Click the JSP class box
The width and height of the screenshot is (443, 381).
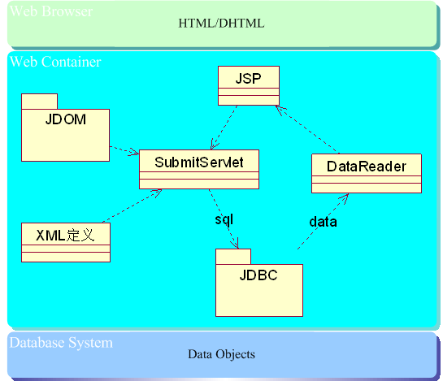pos(249,85)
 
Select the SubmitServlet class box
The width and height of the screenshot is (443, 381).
pos(199,169)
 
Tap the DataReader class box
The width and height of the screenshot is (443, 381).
pos(367,173)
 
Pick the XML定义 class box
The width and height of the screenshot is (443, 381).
pos(66,242)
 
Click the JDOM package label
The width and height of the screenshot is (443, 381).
pos(66,119)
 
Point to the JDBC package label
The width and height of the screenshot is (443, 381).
pos(258,275)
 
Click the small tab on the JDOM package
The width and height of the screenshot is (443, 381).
pos(39,102)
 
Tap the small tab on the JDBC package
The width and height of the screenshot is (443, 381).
pos(233,257)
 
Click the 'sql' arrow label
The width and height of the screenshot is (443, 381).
pos(224,219)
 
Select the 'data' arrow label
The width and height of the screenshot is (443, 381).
pos(323,222)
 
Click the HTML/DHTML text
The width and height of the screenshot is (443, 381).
pos(221,24)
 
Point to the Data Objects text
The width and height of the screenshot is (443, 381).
pos(221,354)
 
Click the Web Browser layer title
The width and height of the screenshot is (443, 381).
pos(51,11)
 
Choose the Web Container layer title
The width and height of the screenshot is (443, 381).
pos(55,62)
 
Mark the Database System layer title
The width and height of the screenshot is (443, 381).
pos(61,343)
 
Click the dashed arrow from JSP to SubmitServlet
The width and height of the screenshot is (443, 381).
pos(224,128)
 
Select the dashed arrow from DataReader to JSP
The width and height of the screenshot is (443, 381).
pos(307,130)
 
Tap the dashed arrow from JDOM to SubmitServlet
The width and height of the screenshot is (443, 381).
pos(124,150)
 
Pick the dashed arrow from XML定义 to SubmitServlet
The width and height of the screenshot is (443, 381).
pos(132,206)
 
